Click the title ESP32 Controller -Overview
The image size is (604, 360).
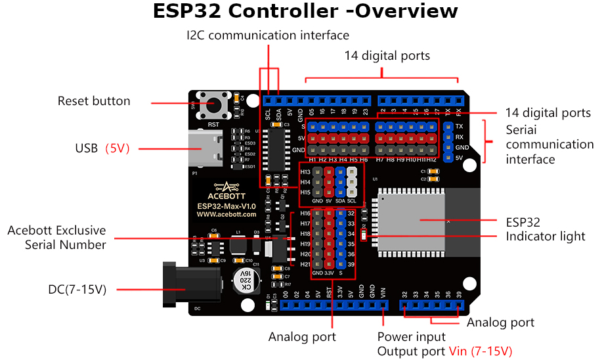tap(305, 12)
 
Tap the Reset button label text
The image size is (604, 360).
tap(94, 101)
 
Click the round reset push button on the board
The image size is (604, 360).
tap(213, 104)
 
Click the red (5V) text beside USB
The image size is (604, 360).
tap(118, 148)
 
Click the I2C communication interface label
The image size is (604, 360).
tap(267, 35)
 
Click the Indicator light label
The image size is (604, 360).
tap(545, 236)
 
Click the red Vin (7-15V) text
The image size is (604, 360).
tap(480, 351)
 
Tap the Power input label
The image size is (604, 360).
tap(411, 337)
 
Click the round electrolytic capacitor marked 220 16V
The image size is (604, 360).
tap(245, 281)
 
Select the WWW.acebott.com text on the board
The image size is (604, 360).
tap(226, 214)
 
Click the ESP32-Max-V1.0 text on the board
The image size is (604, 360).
tap(226, 206)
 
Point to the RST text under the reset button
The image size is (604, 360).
tap(213, 124)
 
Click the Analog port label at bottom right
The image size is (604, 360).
tap(500, 323)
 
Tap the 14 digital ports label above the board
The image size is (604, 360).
tap(387, 56)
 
